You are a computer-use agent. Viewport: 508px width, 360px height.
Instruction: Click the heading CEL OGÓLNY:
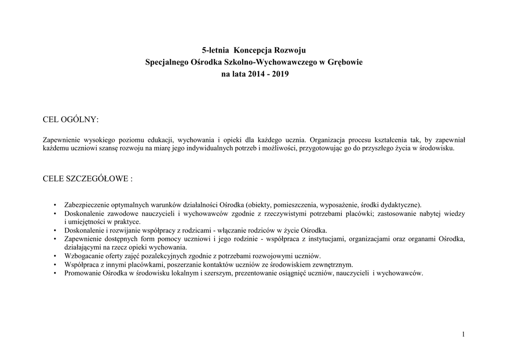tap(71, 120)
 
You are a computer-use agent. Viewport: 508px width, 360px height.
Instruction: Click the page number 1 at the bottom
tap(463, 334)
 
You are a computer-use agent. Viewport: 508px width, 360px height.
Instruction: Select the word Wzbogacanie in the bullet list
tap(84, 256)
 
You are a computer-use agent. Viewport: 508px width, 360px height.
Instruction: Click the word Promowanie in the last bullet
tap(82, 273)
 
